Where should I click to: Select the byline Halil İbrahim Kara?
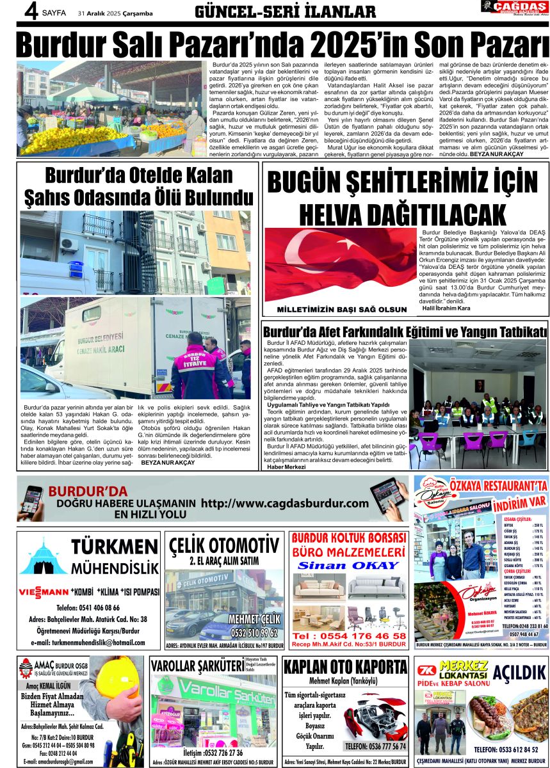[x=446, y=308]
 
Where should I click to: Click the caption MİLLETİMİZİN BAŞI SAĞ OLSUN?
[x=341, y=310]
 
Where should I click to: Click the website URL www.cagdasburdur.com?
[x=285, y=504]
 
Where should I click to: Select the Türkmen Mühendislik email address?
[x=88, y=642]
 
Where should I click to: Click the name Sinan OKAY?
[x=348, y=566]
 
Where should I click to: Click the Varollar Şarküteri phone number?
[x=214, y=753]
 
